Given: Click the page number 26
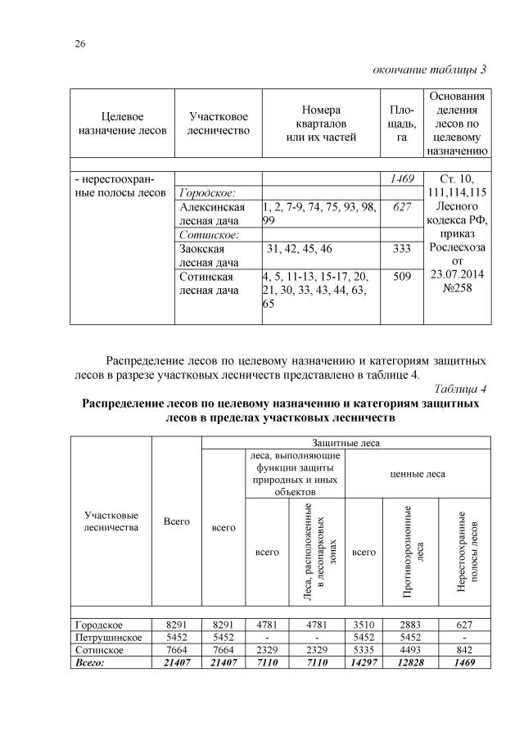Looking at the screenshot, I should pos(80,43).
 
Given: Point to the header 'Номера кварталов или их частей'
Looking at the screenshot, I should pos(320,124).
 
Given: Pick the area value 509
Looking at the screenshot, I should pos(402,277).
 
